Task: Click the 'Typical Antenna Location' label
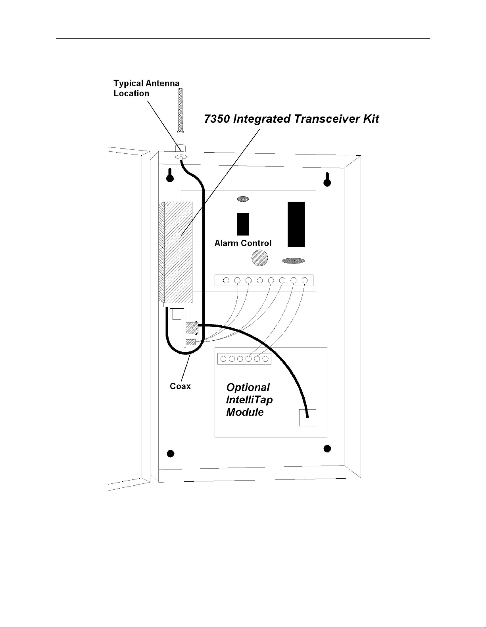[146, 88]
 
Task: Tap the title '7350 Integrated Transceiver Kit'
[291, 119]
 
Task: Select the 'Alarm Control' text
[243, 243]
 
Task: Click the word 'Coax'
[180, 386]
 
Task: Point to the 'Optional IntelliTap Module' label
[249, 400]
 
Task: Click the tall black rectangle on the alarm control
[296, 224]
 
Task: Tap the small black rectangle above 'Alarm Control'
[243, 224]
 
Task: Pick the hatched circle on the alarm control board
[259, 258]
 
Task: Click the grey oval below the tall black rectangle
[293, 261]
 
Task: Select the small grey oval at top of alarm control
[243, 199]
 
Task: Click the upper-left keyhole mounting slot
[170, 176]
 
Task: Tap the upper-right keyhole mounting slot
[327, 179]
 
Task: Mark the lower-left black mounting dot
[171, 454]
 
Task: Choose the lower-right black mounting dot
[327, 449]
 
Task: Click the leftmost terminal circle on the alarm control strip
[226, 280]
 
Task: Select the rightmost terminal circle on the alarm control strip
[305, 280]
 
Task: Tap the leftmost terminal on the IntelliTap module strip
[223, 359]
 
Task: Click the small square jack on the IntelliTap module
[307, 418]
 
